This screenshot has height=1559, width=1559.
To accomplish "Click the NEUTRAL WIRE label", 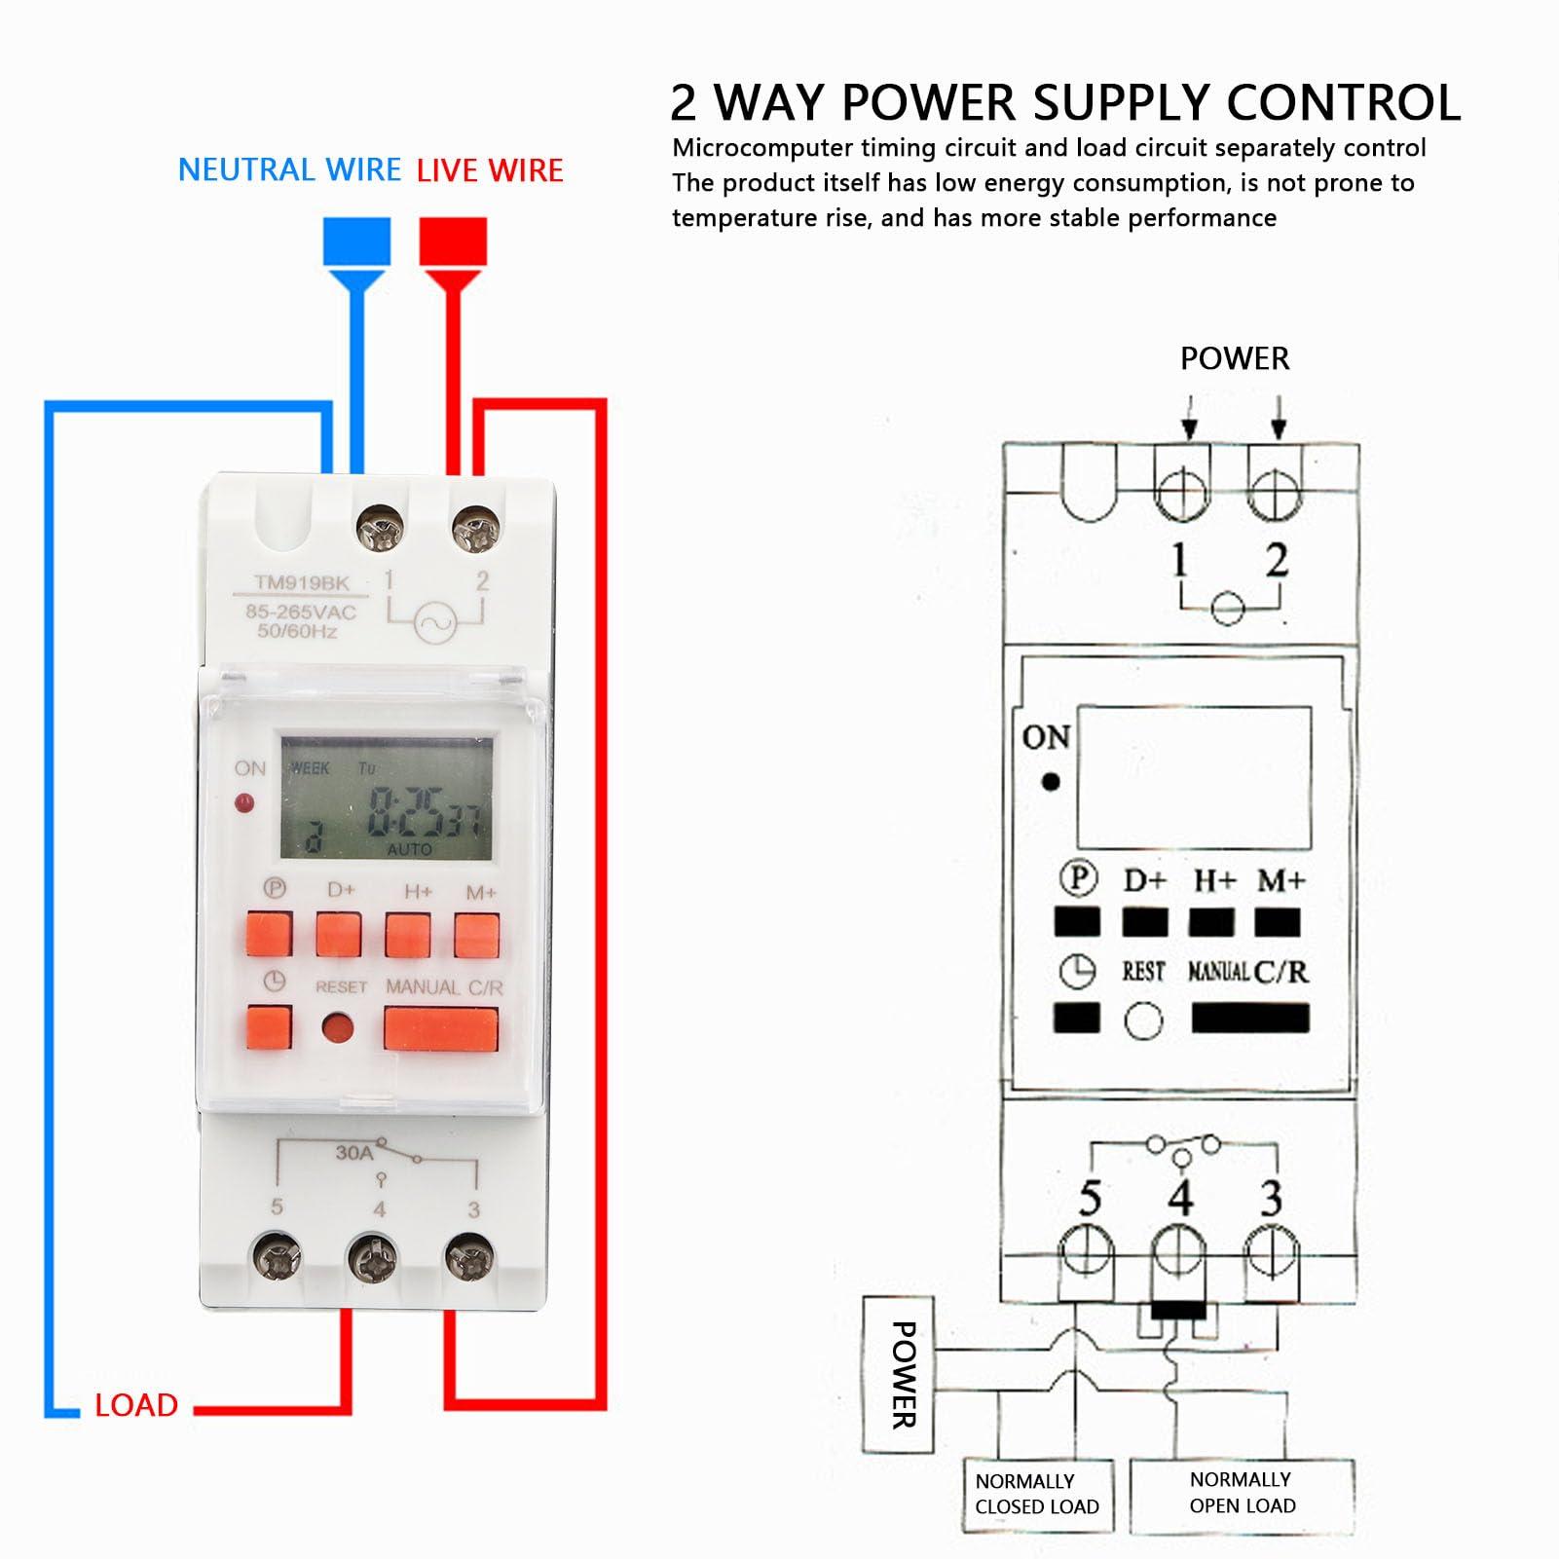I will click(289, 170).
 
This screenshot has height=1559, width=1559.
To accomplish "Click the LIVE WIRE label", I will click(490, 170).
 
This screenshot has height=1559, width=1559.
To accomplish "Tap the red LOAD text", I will click(136, 1405).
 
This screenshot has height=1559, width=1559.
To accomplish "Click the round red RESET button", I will click(338, 1028).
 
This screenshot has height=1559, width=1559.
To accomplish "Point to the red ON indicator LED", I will click(244, 803).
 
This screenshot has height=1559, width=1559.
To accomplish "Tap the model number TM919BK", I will click(301, 582).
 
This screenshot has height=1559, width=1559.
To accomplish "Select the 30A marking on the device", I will click(353, 1152).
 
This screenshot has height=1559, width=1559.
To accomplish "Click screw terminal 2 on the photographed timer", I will click(474, 531).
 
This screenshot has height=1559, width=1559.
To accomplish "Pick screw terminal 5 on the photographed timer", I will click(277, 1260).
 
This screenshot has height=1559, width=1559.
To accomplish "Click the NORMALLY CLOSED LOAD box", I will click(1037, 1494).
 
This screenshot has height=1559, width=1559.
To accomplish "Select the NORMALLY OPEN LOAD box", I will click(1243, 1492).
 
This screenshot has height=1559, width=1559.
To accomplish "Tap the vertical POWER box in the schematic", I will click(899, 1373).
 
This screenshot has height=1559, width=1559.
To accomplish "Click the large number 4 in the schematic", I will click(1181, 1198).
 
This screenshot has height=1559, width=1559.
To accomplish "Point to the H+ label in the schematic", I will click(1214, 880).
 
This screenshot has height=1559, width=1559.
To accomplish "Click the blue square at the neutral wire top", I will click(356, 241).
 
